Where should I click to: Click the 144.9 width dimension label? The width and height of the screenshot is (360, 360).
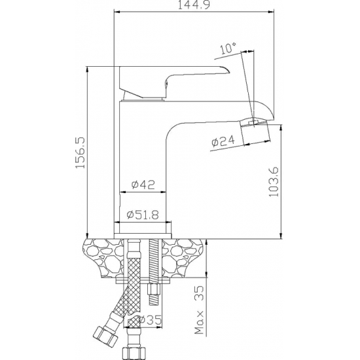pyautogui.click(x=194, y=5)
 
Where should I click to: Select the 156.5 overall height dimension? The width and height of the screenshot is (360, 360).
pyautogui.click(x=81, y=153)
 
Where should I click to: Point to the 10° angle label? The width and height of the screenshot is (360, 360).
pyautogui.click(x=228, y=48)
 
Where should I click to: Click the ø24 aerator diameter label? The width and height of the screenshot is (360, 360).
pyautogui.click(x=223, y=141)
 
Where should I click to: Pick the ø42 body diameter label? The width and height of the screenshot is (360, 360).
pyautogui.click(x=143, y=185)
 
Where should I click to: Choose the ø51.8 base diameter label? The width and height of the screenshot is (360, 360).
pyautogui.click(x=143, y=215)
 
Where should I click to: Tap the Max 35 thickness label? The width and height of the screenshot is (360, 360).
pyautogui.click(x=199, y=310)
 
